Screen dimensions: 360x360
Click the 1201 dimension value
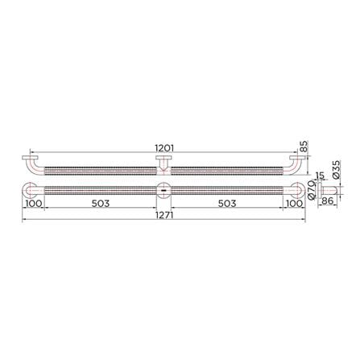(x=164, y=148)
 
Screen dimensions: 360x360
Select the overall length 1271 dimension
(x=163, y=215)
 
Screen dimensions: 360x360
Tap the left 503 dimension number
(x=101, y=204)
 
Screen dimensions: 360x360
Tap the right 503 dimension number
(x=227, y=204)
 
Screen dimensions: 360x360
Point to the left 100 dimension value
(x=34, y=204)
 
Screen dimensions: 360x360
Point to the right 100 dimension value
(x=294, y=204)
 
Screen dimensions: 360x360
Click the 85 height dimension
(x=304, y=147)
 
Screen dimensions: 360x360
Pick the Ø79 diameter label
(x=312, y=190)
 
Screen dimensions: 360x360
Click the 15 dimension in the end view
(x=320, y=176)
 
